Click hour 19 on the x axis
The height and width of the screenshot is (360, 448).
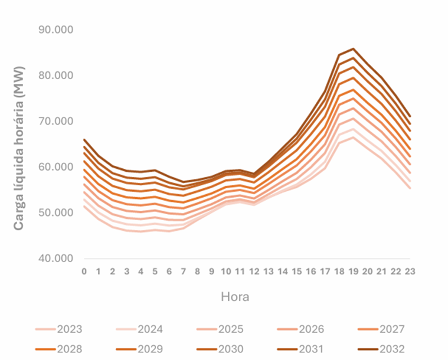(353, 271)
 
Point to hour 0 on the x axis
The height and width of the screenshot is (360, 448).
(84, 271)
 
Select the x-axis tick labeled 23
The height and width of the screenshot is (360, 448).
(410, 271)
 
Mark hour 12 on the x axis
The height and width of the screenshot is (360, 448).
(254, 271)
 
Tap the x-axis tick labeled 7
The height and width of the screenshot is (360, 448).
(183, 271)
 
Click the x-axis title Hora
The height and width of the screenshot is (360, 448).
(235, 296)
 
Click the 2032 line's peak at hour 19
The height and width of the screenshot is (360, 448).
(353, 49)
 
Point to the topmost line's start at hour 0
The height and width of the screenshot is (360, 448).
(84, 140)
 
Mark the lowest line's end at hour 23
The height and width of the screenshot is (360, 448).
(410, 188)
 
